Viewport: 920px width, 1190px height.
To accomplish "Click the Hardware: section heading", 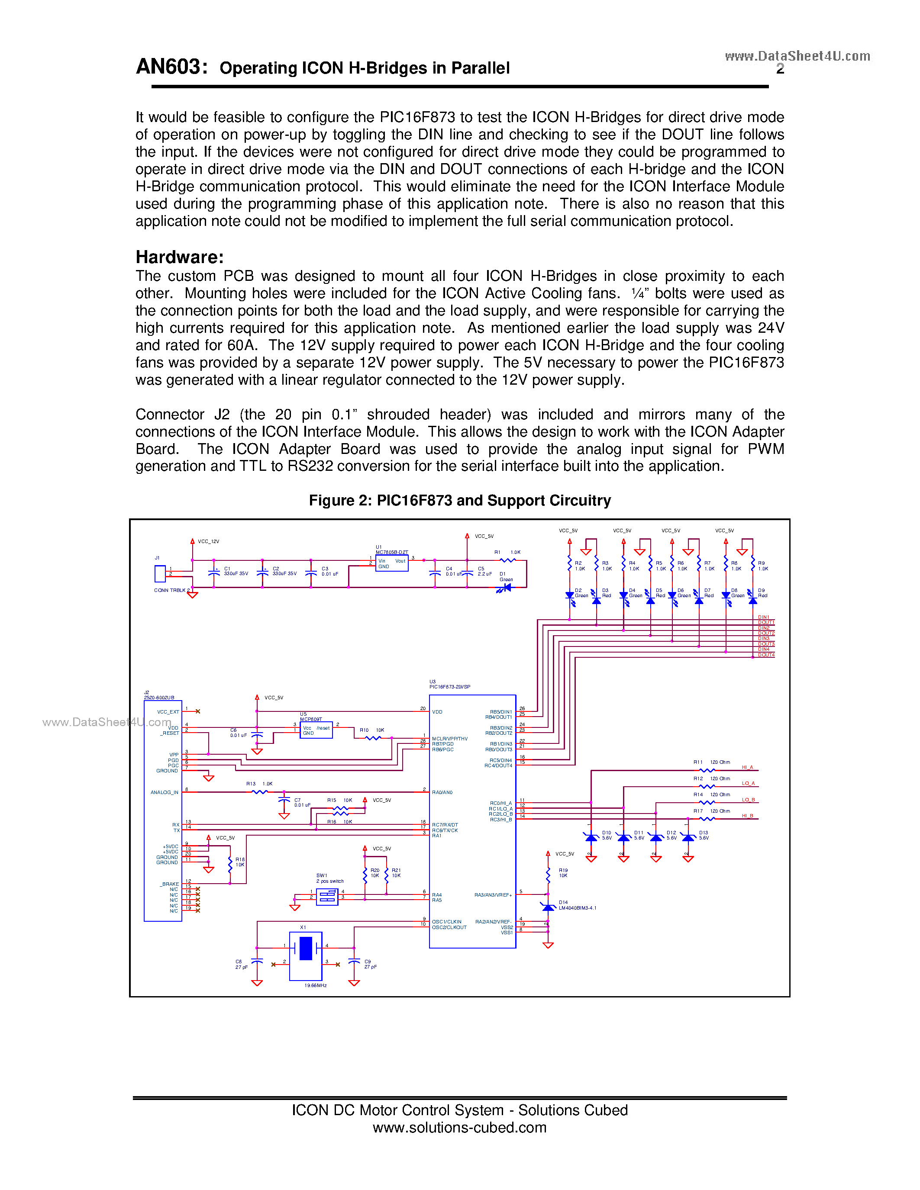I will click(179, 257).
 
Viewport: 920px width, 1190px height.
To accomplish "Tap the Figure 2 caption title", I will click(459, 500).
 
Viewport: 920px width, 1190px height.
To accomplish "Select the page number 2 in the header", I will click(780, 69).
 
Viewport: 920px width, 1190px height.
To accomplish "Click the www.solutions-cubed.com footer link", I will click(459, 1127).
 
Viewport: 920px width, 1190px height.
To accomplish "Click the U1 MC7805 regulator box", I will click(391, 563).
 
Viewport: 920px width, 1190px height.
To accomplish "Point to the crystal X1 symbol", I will click(305, 949).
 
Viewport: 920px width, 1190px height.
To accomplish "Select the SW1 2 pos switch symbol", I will click(327, 896).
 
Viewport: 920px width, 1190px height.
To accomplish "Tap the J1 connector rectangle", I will click(160, 573).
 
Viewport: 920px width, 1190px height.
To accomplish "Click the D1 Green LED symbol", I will click(505, 587).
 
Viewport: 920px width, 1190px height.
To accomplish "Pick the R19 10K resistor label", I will click(563, 873).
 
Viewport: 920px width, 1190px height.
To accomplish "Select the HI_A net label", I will click(747, 767).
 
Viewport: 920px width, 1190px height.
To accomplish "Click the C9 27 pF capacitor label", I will click(370, 964).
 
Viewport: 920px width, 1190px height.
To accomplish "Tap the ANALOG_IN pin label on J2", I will click(164, 792).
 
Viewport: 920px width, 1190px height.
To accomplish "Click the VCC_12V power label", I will click(208, 542).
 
